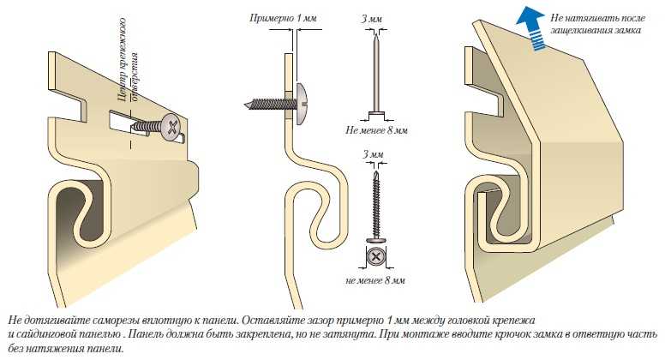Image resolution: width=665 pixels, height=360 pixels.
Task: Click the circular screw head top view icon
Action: (374, 256)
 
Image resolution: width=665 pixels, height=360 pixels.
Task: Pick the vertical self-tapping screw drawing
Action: (374, 201)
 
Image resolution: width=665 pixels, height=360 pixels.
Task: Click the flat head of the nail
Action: (374, 115)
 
